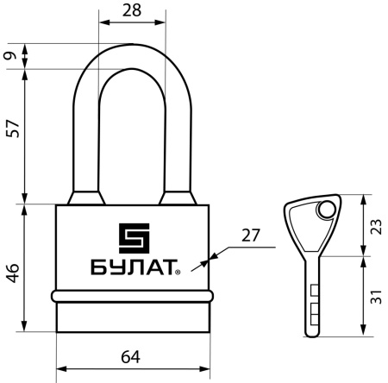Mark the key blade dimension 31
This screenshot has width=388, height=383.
pos(375,298)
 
